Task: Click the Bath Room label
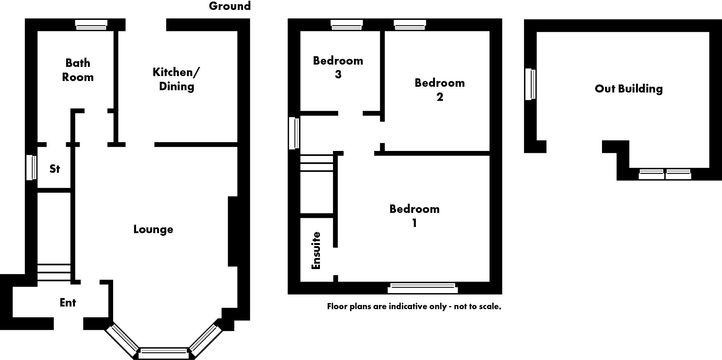(78, 70)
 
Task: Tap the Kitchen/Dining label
(176, 79)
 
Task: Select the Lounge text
(153, 229)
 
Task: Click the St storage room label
(55, 169)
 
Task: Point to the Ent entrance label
(68, 303)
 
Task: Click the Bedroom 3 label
(338, 67)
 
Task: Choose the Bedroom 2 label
(440, 90)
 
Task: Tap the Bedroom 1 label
(414, 216)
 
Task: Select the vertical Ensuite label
(316, 250)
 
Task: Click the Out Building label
(628, 89)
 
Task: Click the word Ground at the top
(230, 6)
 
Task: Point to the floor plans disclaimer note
(414, 306)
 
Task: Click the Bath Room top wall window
(91, 25)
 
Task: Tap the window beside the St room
(31, 167)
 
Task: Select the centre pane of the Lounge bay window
(163, 353)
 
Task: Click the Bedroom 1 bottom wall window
(422, 288)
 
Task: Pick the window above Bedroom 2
(410, 25)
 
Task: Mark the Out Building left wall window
(530, 84)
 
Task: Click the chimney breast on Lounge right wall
(233, 231)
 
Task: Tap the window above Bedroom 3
(346, 25)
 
